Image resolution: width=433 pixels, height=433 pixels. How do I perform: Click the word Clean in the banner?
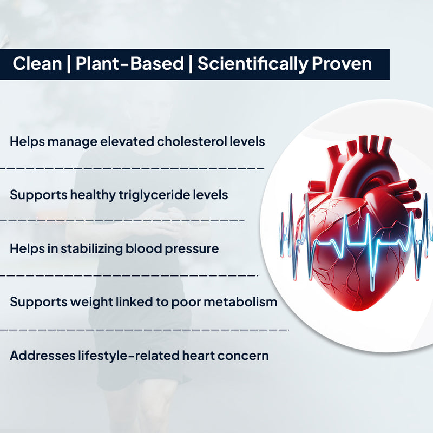point(36,64)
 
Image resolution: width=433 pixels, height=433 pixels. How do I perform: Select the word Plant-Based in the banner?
point(129,64)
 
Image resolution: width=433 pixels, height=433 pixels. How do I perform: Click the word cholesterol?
point(191,142)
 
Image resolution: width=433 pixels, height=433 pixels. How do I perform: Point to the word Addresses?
point(37,356)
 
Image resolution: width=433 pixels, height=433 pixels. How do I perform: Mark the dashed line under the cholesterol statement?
point(133,168)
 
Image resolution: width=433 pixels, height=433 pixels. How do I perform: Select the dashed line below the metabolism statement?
point(143,329)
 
